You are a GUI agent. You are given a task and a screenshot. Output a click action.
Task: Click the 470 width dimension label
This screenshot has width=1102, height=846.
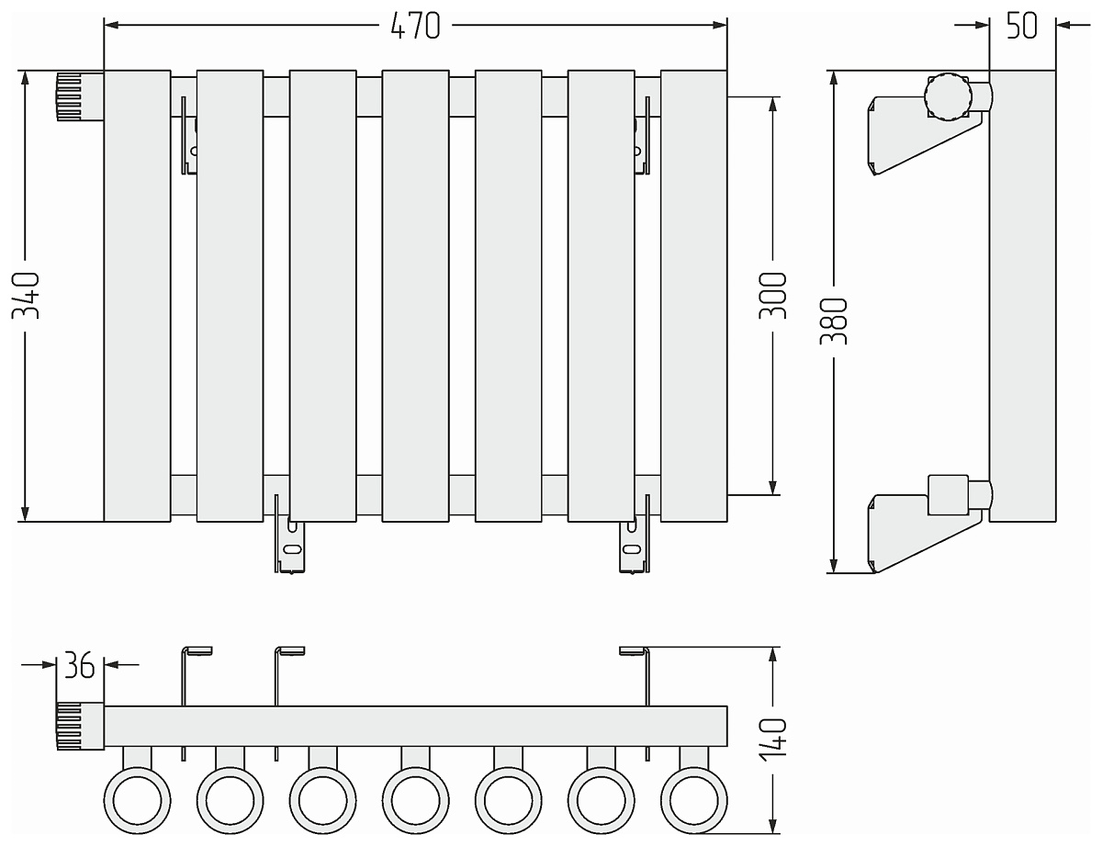(415, 27)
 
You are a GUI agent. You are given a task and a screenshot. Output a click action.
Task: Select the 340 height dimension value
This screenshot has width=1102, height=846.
(25, 296)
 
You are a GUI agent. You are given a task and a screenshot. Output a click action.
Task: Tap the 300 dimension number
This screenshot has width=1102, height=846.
(773, 296)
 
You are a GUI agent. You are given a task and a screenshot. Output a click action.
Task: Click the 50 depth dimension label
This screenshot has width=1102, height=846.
(1021, 26)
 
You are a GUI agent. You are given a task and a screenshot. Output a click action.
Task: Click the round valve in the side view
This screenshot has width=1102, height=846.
(947, 96)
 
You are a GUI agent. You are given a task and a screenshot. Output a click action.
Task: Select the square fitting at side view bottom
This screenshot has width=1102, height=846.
(947, 493)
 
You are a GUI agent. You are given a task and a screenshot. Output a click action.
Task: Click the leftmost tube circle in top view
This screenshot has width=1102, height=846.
(137, 796)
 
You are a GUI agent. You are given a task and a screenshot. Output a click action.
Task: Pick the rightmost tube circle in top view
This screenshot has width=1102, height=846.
(693, 796)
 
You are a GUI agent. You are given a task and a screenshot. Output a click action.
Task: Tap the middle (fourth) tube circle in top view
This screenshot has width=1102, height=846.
(415, 796)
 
